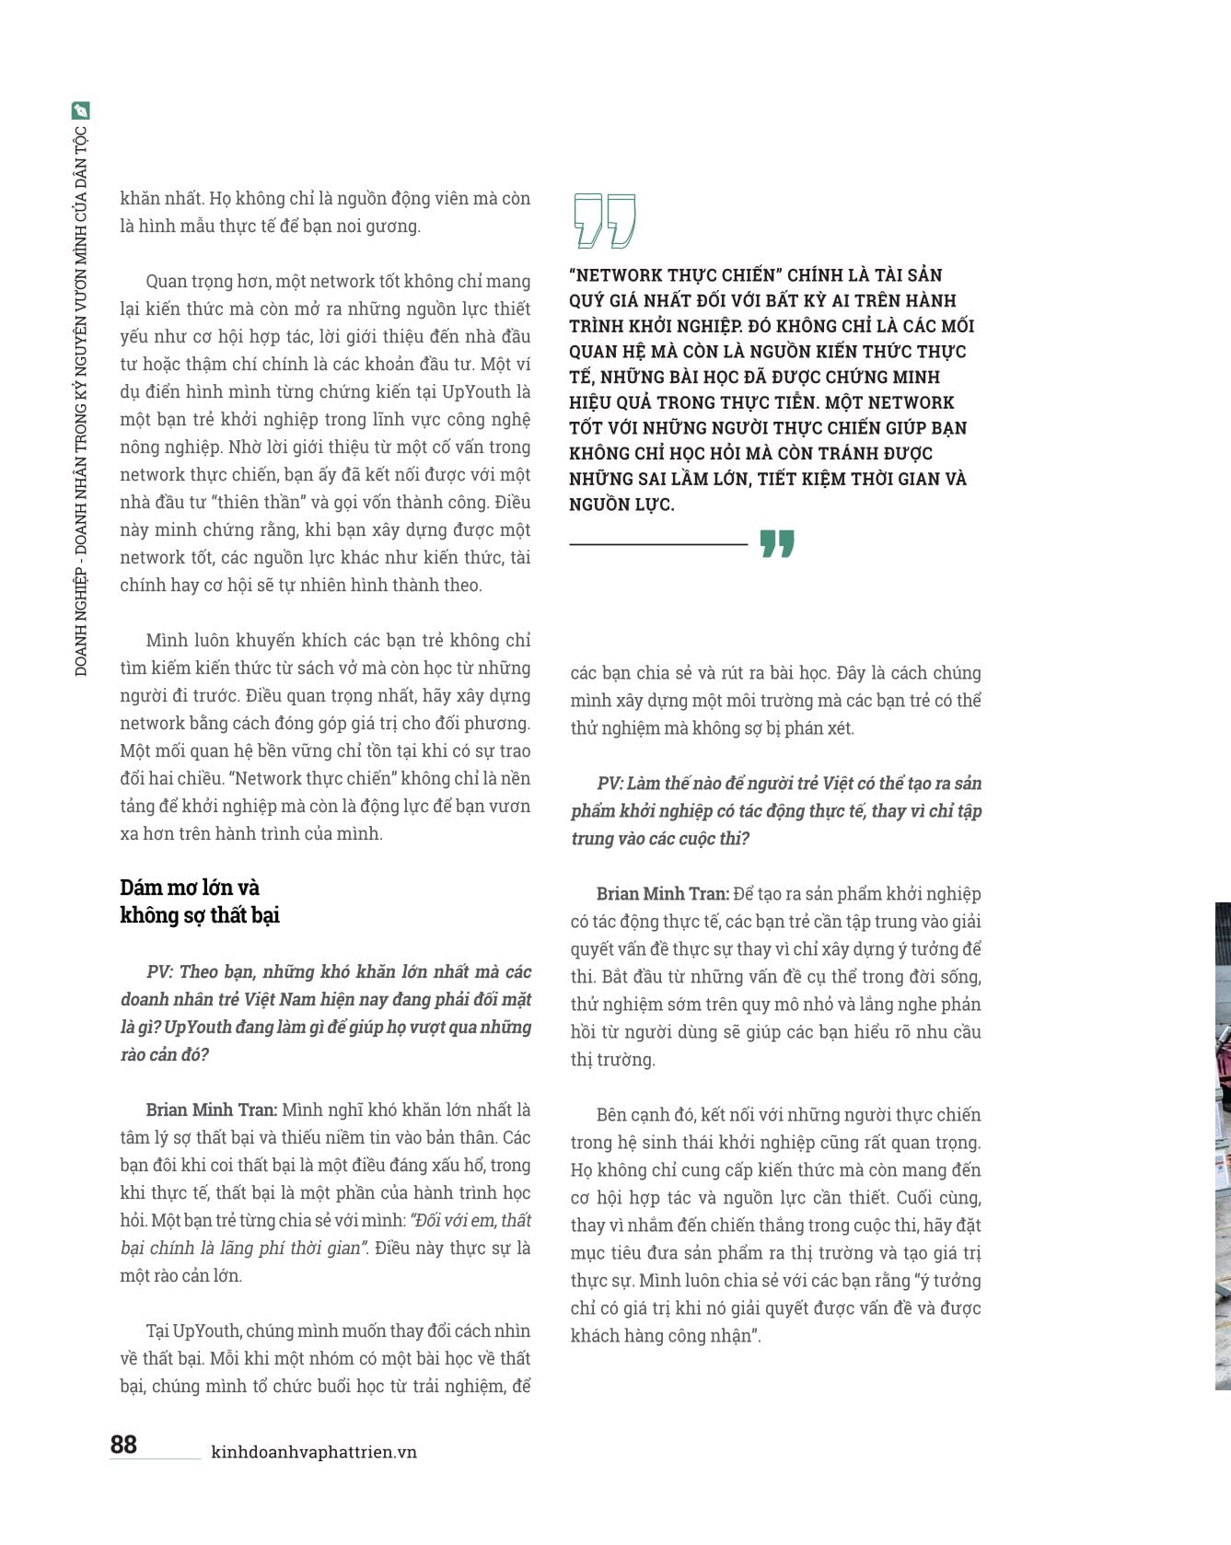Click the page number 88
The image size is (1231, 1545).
pos(123,1444)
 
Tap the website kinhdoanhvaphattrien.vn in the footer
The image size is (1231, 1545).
pos(314,1452)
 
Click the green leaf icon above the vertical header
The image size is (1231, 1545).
pos(81,110)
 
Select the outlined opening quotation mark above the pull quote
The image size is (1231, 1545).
pos(604,221)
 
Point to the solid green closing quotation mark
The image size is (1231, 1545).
pos(777,544)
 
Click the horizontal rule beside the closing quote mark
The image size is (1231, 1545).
pos(658,545)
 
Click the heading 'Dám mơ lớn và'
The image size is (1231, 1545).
pos(190,888)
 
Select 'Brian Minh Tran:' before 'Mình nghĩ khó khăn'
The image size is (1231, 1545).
pos(211,1110)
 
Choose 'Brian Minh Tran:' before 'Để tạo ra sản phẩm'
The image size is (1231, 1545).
pos(662,894)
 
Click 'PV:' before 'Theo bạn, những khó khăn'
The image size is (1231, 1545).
pos(159,972)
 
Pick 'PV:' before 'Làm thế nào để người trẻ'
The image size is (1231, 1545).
pos(610,784)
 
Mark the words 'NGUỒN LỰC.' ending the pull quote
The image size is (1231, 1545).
pos(621,505)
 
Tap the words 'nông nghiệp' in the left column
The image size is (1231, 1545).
pos(169,447)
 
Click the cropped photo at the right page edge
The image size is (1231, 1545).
pos(1223,1142)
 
